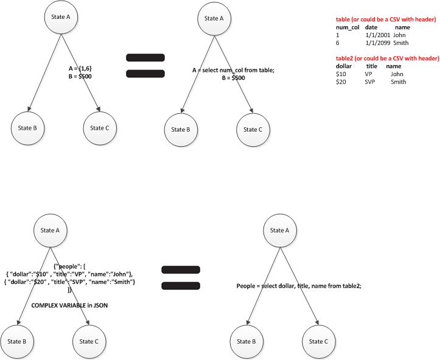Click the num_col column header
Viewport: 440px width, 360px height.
346,27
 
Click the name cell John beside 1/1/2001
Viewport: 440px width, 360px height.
399,35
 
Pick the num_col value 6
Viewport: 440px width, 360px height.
337,43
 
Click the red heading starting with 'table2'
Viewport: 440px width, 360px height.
387,58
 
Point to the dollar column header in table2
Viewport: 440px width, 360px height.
344,66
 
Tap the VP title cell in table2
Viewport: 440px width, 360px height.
368,74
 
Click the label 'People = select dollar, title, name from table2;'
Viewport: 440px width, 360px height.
299,286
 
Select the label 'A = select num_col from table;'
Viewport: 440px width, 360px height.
234,71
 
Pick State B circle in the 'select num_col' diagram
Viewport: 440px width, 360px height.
181,130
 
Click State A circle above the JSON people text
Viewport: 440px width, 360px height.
50,230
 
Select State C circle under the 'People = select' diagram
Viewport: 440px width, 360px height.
318,342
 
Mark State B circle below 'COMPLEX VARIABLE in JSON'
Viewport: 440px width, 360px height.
16,342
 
